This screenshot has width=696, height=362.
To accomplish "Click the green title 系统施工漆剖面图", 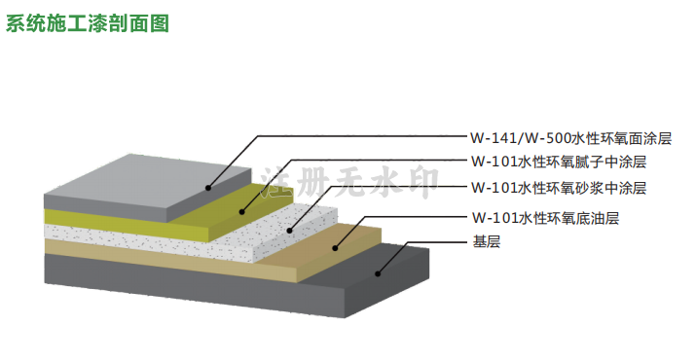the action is pos(88,24).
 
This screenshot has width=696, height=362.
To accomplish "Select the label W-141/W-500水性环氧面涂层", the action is pos(571,138).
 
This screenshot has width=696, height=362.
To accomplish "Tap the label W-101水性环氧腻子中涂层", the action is pos(559,162).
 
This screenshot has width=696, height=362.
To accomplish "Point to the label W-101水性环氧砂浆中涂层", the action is pos(559,188).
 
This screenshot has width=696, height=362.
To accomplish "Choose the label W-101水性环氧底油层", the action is pos(545,218).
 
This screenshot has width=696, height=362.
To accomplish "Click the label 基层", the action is pos(487,241).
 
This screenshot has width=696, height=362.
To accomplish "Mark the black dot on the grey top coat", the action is pos(208,188).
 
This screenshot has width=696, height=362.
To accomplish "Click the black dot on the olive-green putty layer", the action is pos(242,212).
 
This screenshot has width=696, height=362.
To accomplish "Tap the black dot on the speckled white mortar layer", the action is pos(289,231).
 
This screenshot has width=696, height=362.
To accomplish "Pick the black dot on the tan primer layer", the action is pos(336,248).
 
